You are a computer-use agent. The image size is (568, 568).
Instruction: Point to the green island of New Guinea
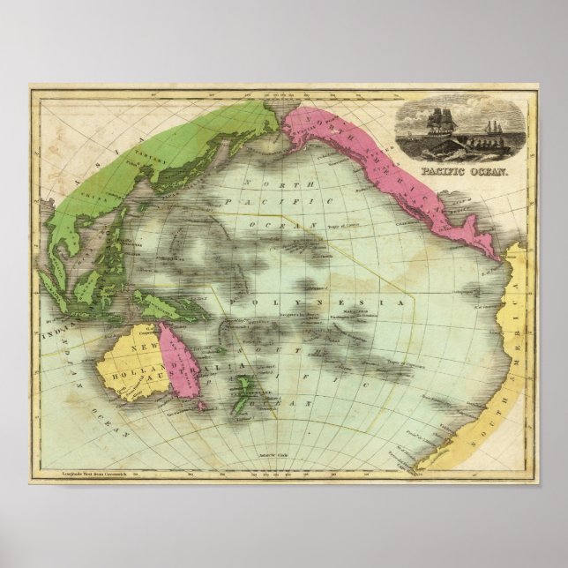point(168,304)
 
